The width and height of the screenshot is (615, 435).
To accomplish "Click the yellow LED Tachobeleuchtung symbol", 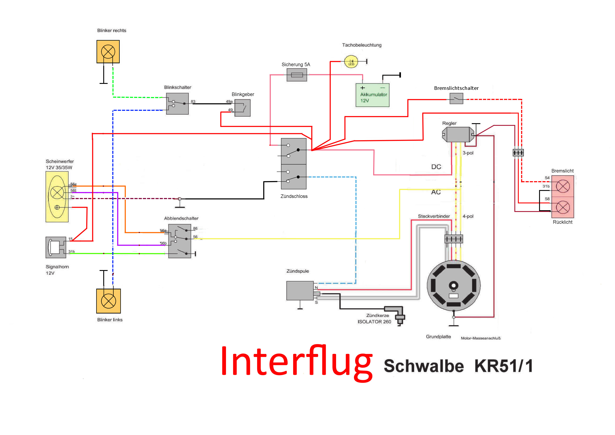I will (351, 62).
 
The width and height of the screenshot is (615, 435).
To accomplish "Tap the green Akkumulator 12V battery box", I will (372, 95).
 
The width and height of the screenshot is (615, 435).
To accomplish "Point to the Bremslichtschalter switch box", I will (456, 99).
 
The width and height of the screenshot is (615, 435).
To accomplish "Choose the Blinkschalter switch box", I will (177, 104).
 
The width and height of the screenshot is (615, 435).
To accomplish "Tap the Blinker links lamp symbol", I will (109, 301).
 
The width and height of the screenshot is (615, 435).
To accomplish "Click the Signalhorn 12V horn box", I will (56, 247).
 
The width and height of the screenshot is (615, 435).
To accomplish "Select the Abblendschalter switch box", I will (180, 241).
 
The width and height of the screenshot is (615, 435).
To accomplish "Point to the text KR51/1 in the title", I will (503, 366).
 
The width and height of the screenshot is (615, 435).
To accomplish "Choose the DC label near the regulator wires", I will (436, 167).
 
